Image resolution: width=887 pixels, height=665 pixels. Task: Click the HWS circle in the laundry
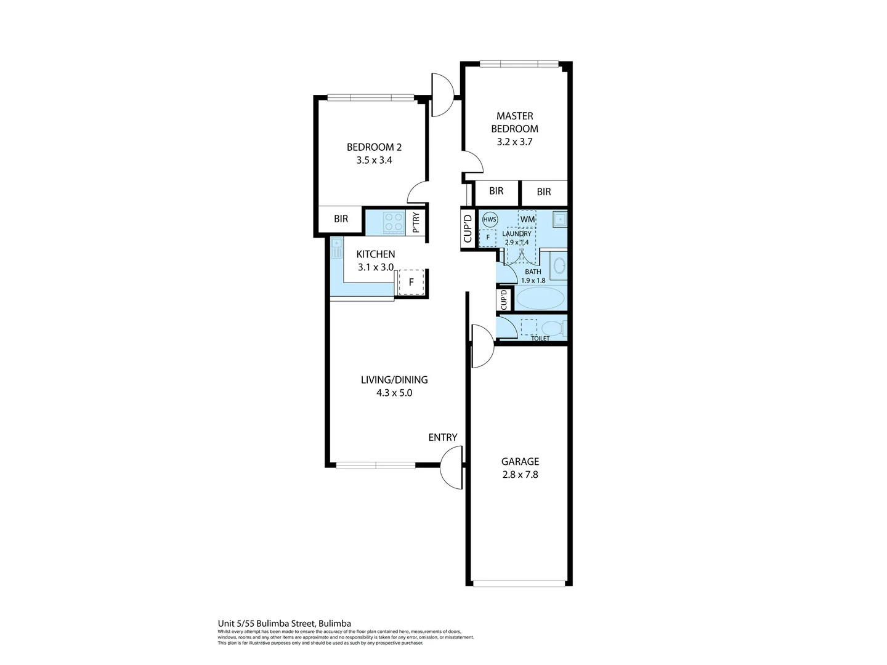[x=490, y=220]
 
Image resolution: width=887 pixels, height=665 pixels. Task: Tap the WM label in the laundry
[x=527, y=219]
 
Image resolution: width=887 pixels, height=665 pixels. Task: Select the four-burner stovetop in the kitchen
[x=393, y=222]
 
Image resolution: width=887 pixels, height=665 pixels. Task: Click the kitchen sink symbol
[x=336, y=248]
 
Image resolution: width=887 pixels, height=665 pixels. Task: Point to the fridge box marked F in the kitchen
[x=411, y=283]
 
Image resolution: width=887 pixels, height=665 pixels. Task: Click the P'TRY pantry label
[x=416, y=222]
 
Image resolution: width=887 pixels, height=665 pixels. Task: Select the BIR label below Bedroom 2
[x=341, y=219]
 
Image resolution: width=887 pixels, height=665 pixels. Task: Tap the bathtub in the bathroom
[x=540, y=299]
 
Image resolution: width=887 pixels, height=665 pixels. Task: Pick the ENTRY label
[x=442, y=437]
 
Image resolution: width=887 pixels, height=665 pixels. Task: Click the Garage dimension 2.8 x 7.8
[x=519, y=475]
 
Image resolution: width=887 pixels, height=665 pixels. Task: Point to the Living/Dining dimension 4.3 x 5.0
[x=394, y=393]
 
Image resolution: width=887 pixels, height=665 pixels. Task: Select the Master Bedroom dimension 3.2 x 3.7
[x=514, y=142]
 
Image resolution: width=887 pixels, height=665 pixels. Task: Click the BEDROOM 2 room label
[x=374, y=147]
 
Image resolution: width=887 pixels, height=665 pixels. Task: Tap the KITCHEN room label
[x=376, y=254]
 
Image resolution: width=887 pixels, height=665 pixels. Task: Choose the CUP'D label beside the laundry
[x=467, y=228]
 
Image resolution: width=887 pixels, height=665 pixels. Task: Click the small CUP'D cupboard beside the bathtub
[x=504, y=300]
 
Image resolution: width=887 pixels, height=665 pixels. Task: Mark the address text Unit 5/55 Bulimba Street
[x=284, y=623]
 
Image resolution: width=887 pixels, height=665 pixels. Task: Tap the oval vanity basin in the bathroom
[x=559, y=266]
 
